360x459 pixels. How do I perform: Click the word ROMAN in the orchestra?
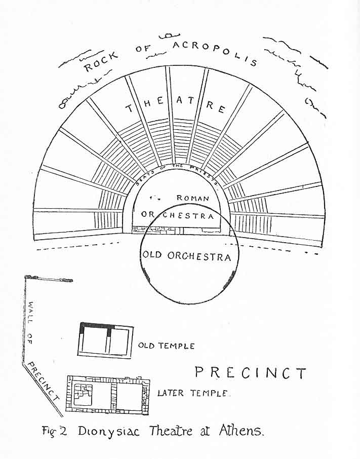(x=192, y=198)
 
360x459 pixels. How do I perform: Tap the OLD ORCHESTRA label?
(x=187, y=256)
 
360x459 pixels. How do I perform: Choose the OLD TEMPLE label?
(x=166, y=346)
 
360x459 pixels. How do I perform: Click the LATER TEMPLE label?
(x=194, y=393)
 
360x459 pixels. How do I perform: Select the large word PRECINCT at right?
(x=251, y=373)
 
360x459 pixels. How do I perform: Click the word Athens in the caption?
(x=241, y=431)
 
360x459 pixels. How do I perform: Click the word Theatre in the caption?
(x=171, y=431)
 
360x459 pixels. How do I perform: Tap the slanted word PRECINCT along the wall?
(x=44, y=381)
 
